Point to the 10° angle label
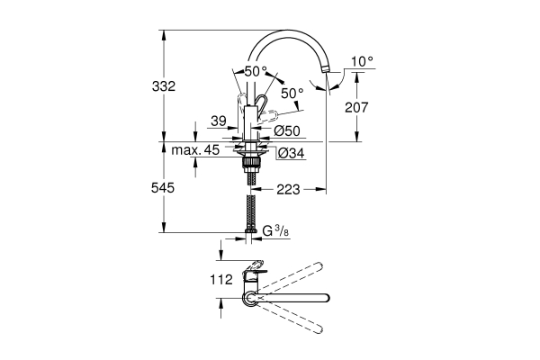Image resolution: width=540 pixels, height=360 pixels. pos(361,61)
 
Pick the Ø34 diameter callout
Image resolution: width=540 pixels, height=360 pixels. pos(289,153)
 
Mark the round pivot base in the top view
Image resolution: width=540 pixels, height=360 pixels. pos(249,298)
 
